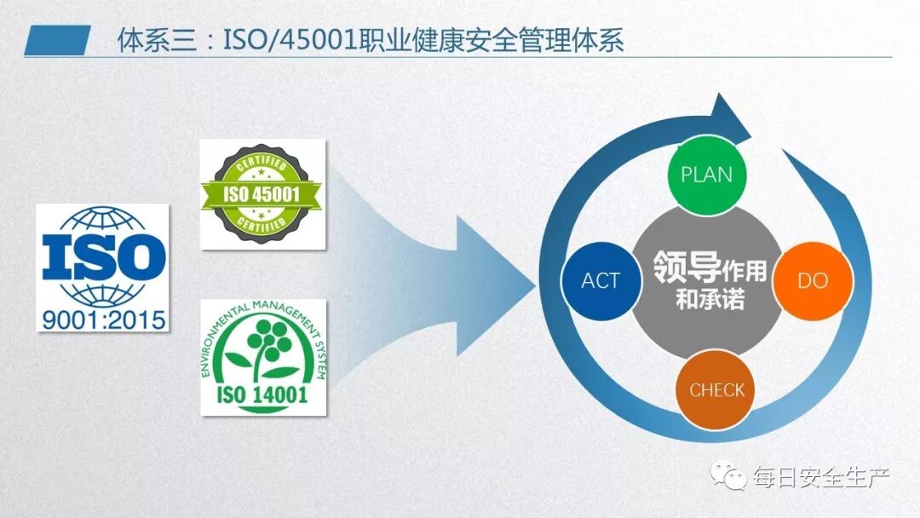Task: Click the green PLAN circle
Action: click(706, 175)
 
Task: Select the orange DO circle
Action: click(812, 281)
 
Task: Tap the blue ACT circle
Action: click(601, 281)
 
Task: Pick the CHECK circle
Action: click(716, 390)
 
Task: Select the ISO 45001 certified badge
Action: click(262, 194)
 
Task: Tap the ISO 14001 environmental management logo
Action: click(262, 357)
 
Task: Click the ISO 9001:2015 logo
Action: click(102, 268)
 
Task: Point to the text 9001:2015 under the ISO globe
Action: click(102, 321)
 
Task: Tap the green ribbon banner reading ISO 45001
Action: click(262, 194)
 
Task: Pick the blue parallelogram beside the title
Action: click(57, 40)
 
